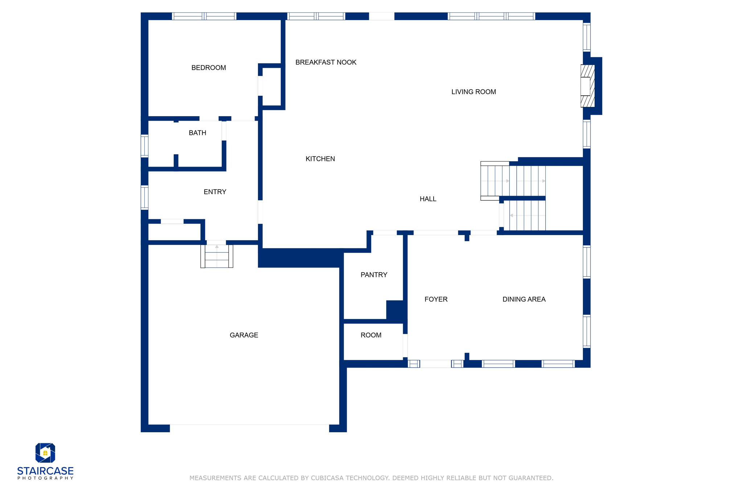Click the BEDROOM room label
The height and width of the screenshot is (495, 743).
209,68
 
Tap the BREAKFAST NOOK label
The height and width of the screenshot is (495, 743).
325,62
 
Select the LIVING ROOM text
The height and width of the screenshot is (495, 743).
473,92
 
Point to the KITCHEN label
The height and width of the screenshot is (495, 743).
320,159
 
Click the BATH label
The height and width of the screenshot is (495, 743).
197,133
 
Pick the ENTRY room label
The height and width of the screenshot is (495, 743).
215,192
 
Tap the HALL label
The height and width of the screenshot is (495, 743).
428,199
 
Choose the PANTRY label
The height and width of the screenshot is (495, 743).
374,275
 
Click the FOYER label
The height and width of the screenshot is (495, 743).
436,299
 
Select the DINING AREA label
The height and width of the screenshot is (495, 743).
524,299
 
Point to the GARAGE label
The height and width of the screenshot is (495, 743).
244,335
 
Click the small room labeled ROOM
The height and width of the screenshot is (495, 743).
371,335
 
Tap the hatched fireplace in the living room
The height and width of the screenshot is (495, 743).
587,86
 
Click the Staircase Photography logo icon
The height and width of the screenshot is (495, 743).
45,453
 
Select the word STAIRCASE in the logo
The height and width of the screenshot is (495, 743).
45,471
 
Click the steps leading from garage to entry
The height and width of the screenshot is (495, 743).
217,256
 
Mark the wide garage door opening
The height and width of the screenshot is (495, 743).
249,428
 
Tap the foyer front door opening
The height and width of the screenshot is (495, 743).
435,364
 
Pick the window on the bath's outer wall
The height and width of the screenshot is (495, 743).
144,146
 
